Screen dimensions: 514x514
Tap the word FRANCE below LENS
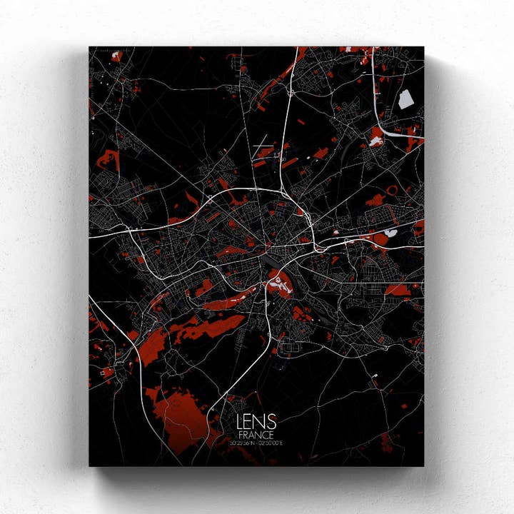coord(256,435)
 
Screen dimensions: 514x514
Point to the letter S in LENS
coord(271,423)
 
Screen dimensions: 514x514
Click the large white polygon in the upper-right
coord(405,99)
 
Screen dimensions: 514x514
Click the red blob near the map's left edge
coord(107,160)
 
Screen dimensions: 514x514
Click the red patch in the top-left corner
coord(116,56)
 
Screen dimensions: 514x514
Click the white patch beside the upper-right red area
coord(376,141)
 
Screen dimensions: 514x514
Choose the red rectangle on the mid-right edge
coord(397,289)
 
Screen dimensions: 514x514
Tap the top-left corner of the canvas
coord(90,47)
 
